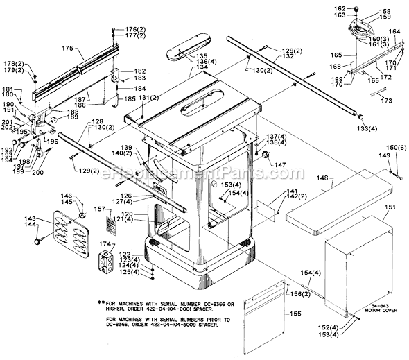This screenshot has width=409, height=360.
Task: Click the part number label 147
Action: [281, 164]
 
